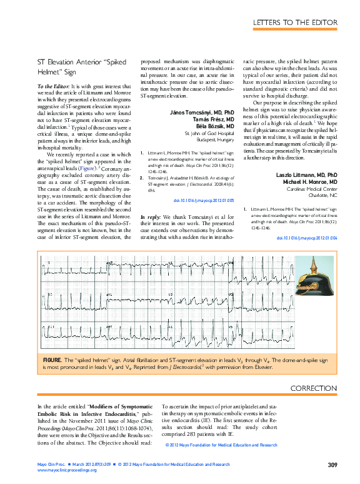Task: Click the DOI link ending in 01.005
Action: (x=203, y=183)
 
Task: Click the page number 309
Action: (x=332, y=465)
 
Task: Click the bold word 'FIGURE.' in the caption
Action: (x=52, y=361)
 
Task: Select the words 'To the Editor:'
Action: (x=53, y=85)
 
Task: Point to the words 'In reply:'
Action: (x=151, y=199)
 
